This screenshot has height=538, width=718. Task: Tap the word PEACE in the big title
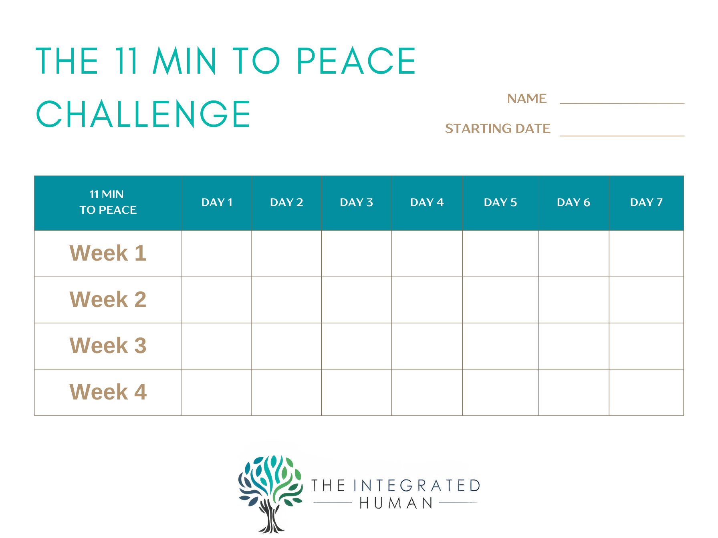coord(356,60)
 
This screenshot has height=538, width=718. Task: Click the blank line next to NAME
coord(622,103)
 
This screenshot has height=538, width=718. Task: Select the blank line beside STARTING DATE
coord(622,136)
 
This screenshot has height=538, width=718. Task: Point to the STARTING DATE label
coord(498,128)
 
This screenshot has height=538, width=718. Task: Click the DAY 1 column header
coord(217,203)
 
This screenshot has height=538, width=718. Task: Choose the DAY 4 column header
coord(427,203)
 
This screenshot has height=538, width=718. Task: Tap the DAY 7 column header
coord(646,203)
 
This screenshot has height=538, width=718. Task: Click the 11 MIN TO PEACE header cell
coord(108,203)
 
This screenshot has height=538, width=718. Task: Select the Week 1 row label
coord(108,253)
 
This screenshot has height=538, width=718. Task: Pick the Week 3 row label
coord(108,345)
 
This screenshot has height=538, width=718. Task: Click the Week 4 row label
coord(108,392)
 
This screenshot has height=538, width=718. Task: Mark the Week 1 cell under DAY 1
coord(217,254)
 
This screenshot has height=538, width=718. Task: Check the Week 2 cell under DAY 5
coord(500,300)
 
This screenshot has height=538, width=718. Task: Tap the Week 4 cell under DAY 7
coord(646,392)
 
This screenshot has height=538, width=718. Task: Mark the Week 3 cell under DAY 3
coord(357,346)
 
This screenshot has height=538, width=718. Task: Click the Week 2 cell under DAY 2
coord(286,300)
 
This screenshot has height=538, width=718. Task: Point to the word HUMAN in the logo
coord(396,503)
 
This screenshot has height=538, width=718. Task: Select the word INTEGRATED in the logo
coord(417,486)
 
